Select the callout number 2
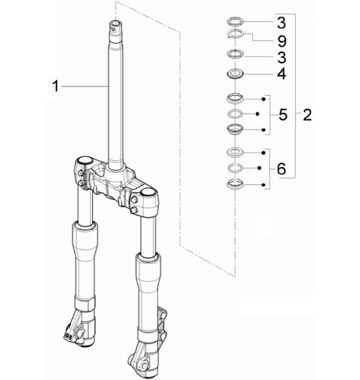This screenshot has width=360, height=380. [306, 115]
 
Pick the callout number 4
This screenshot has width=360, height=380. [281, 75]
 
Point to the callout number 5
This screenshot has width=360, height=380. [282, 115]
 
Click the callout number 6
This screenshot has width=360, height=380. [281, 170]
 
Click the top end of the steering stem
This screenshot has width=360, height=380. [116, 25]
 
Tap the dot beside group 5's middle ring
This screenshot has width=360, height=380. [257, 114]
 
